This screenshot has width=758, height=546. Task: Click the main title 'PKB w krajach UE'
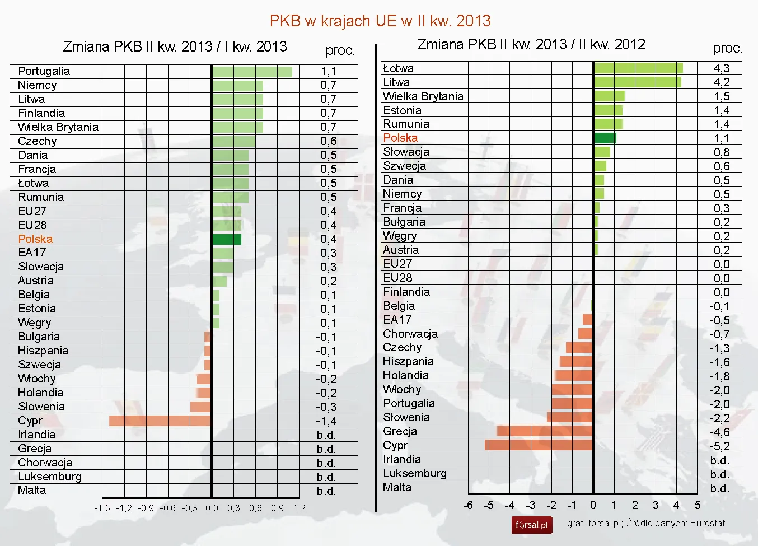(x=380, y=21)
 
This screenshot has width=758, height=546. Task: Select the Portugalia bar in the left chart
(x=252, y=72)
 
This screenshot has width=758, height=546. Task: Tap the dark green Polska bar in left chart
(x=227, y=239)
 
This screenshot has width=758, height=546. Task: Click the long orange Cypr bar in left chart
(x=160, y=421)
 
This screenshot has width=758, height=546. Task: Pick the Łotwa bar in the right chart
(x=638, y=68)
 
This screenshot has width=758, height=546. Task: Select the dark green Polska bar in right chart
(x=605, y=138)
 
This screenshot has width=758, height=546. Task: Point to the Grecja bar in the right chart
(x=545, y=431)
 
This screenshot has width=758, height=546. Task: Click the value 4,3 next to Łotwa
(x=722, y=68)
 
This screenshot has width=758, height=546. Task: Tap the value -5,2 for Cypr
(x=719, y=446)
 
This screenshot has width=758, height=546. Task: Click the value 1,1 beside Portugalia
(x=329, y=72)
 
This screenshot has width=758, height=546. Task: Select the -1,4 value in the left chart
(x=326, y=421)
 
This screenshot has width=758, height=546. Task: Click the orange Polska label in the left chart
(x=35, y=239)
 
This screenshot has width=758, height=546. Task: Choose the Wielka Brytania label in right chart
(x=423, y=96)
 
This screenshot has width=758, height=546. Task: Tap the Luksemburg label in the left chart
(x=50, y=477)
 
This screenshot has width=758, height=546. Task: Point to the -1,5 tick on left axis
(x=102, y=508)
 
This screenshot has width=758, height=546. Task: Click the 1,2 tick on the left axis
(x=299, y=508)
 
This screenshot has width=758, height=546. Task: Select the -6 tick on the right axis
(x=468, y=505)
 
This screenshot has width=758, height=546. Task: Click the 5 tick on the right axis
(x=698, y=505)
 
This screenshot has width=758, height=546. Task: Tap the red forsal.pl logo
(x=531, y=525)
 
